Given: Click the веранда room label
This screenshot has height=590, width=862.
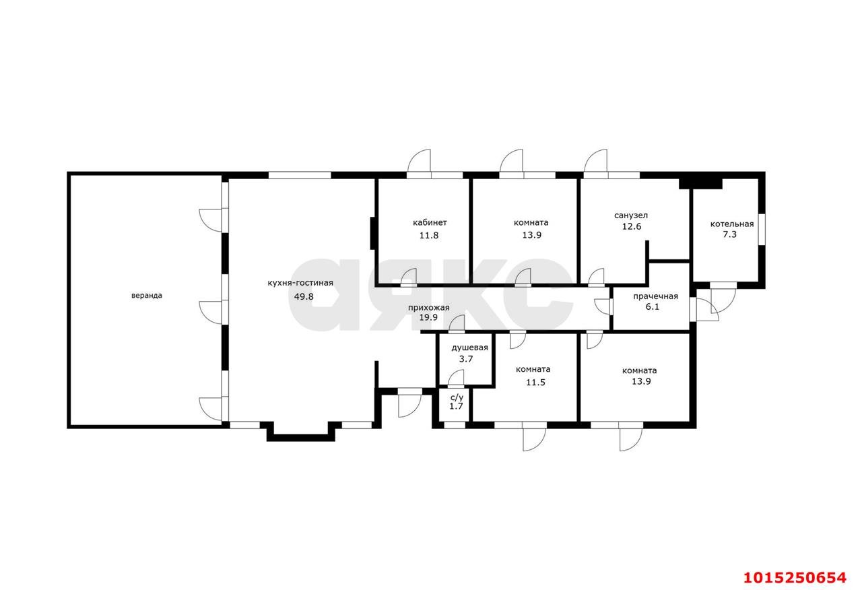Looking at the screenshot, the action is coord(147,296).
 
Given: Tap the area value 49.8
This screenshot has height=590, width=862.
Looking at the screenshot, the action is coord(304,296).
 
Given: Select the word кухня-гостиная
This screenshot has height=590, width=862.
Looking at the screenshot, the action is coord(300,284).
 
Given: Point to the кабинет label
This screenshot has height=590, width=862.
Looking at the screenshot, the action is coord(430,222).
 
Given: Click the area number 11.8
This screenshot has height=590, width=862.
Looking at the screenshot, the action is coord(429,236).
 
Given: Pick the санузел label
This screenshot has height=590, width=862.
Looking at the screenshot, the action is coord(631,216).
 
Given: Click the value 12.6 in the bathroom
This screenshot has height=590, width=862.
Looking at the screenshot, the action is coord(632,226).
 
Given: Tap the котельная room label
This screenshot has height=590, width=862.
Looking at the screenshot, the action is coord(732,224).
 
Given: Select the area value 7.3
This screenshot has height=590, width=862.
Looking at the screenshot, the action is coord(729,234).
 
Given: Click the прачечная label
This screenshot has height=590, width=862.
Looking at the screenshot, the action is coord(656,296).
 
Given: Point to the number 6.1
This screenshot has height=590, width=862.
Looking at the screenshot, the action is coord(653,306).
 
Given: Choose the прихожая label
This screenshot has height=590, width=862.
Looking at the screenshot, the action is coord(429,308).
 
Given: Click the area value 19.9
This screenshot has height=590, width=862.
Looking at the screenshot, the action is coord(429,317).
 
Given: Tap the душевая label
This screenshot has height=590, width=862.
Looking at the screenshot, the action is coord(470,348).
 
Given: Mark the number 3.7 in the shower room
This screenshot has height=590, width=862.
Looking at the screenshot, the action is coord(466,359).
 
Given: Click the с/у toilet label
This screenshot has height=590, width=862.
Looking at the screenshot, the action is coord(457,397).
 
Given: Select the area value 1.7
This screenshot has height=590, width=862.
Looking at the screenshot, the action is coord(457,406).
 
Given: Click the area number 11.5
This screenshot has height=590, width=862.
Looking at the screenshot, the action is coord(535,383).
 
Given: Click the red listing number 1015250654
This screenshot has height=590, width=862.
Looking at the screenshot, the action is coord(795,578).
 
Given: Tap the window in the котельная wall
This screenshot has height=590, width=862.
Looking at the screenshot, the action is coord(762,230).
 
